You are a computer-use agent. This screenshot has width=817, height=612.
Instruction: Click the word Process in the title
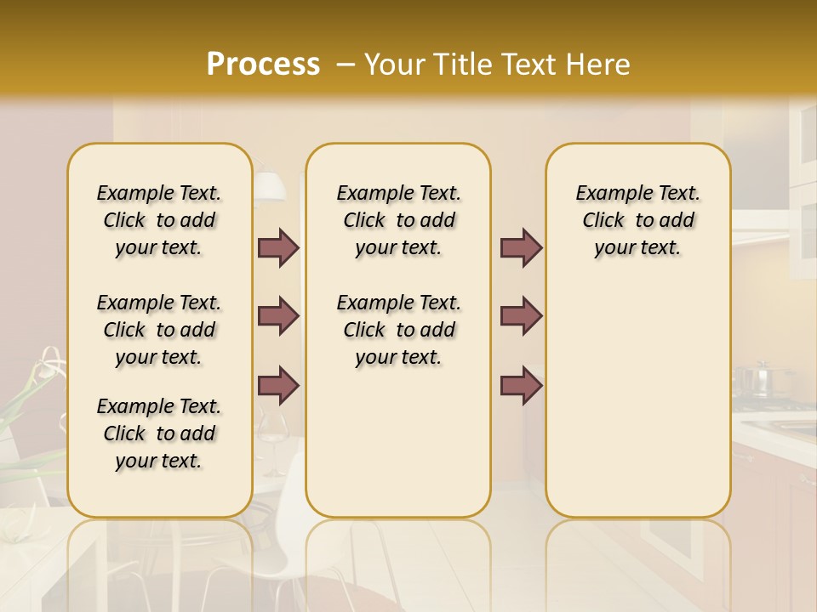(263, 65)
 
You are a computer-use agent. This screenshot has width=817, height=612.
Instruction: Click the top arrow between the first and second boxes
(278, 247)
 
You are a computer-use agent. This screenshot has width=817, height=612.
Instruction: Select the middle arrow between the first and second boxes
(278, 316)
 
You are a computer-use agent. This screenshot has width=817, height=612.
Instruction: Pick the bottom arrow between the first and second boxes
(278, 385)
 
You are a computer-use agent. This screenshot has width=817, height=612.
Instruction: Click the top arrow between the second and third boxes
(521, 247)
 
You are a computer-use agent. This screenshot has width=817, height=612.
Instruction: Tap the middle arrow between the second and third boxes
(521, 316)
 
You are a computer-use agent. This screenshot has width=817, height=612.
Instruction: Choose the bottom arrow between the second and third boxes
(521, 385)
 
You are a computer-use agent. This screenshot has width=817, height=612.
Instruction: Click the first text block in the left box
(159, 220)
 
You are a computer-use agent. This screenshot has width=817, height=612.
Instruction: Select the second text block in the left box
(159, 330)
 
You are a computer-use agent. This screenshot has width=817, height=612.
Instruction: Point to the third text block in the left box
(159, 433)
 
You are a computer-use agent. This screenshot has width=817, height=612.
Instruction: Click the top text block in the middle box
(398, 220)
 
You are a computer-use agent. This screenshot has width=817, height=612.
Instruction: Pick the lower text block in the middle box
(398, 330)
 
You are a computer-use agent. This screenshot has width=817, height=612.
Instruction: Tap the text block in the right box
(637, 220)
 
